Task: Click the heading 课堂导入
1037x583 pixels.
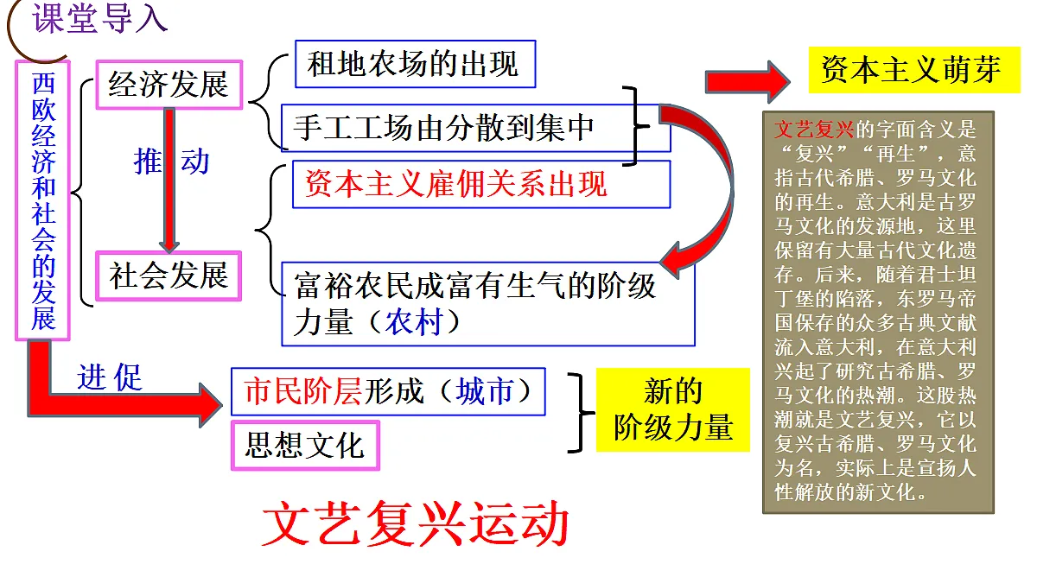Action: pos(99,18)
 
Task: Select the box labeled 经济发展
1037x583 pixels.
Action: pos(169,85)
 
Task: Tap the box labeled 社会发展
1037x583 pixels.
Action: pos(169,276)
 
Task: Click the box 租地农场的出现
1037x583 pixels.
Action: pos(416,64)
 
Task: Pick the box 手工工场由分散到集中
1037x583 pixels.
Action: pos(476,128)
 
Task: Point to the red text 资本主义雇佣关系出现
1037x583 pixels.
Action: pos(455,184)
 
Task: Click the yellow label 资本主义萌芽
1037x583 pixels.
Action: pos(914,70)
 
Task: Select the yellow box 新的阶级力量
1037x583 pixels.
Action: pos(672,409)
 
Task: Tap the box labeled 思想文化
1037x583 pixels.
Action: pos(306,445)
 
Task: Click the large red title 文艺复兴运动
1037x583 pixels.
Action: pos(416,523)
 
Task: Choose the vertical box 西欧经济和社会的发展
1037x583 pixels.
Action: pos(42,200)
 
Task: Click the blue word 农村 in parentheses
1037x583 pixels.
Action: pos(414,322)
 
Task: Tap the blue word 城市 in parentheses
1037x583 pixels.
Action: pos(484,391)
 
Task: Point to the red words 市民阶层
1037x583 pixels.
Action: pos(302,391)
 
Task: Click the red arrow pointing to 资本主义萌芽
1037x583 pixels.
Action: pos(748,82)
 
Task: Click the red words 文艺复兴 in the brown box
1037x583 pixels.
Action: pos(814,130)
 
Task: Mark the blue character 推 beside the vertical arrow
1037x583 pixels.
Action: pos(148,162)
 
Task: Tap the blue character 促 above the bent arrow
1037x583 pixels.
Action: pos(128,377)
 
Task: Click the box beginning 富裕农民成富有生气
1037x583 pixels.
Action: pos(488,304)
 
